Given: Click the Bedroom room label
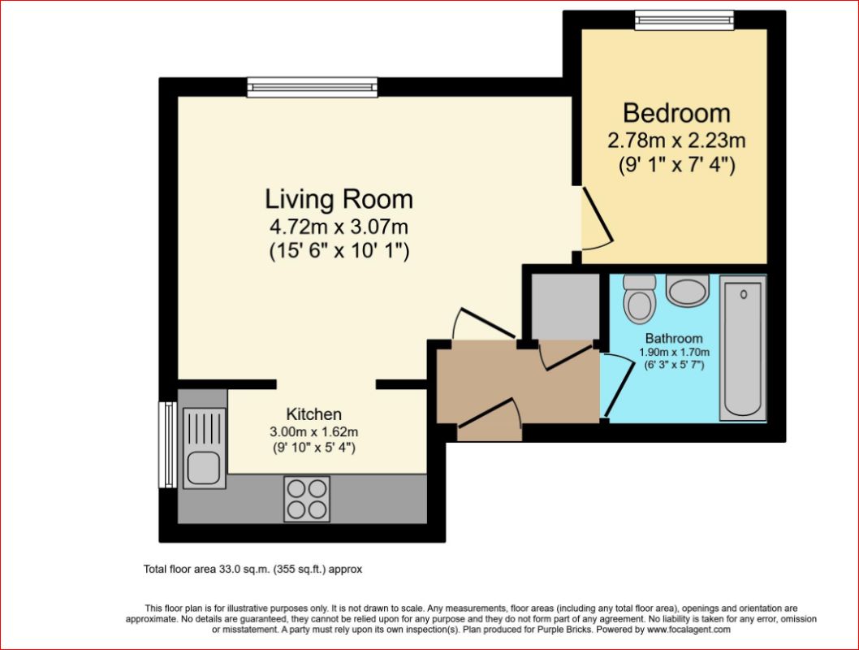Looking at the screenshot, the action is click(676, 113).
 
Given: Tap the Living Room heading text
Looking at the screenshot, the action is click(339, 199).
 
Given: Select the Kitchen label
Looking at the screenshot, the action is click(314, 414).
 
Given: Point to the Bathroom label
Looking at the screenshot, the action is click(674, 338).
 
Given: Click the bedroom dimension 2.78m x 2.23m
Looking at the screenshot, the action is click(676, 141).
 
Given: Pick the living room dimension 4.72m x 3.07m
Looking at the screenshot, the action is click(339, 227).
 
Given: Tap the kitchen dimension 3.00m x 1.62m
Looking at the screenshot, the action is click(314, 432).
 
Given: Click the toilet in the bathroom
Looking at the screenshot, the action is click(639, 299).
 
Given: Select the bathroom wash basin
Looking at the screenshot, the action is click(688, 289).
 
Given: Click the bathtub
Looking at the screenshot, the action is click(743, 349).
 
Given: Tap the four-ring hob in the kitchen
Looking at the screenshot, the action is click(307, 499).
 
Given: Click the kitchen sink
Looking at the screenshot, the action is click(205, 448).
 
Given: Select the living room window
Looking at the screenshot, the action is click(313, 87).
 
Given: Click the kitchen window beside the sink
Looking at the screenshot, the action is click(167, 444).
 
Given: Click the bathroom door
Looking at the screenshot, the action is click(615, 384).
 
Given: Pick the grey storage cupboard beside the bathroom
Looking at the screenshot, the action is click(566, 306).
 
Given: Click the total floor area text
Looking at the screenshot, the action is click(253, 569).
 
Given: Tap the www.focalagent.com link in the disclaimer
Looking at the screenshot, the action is click(688, 630).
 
